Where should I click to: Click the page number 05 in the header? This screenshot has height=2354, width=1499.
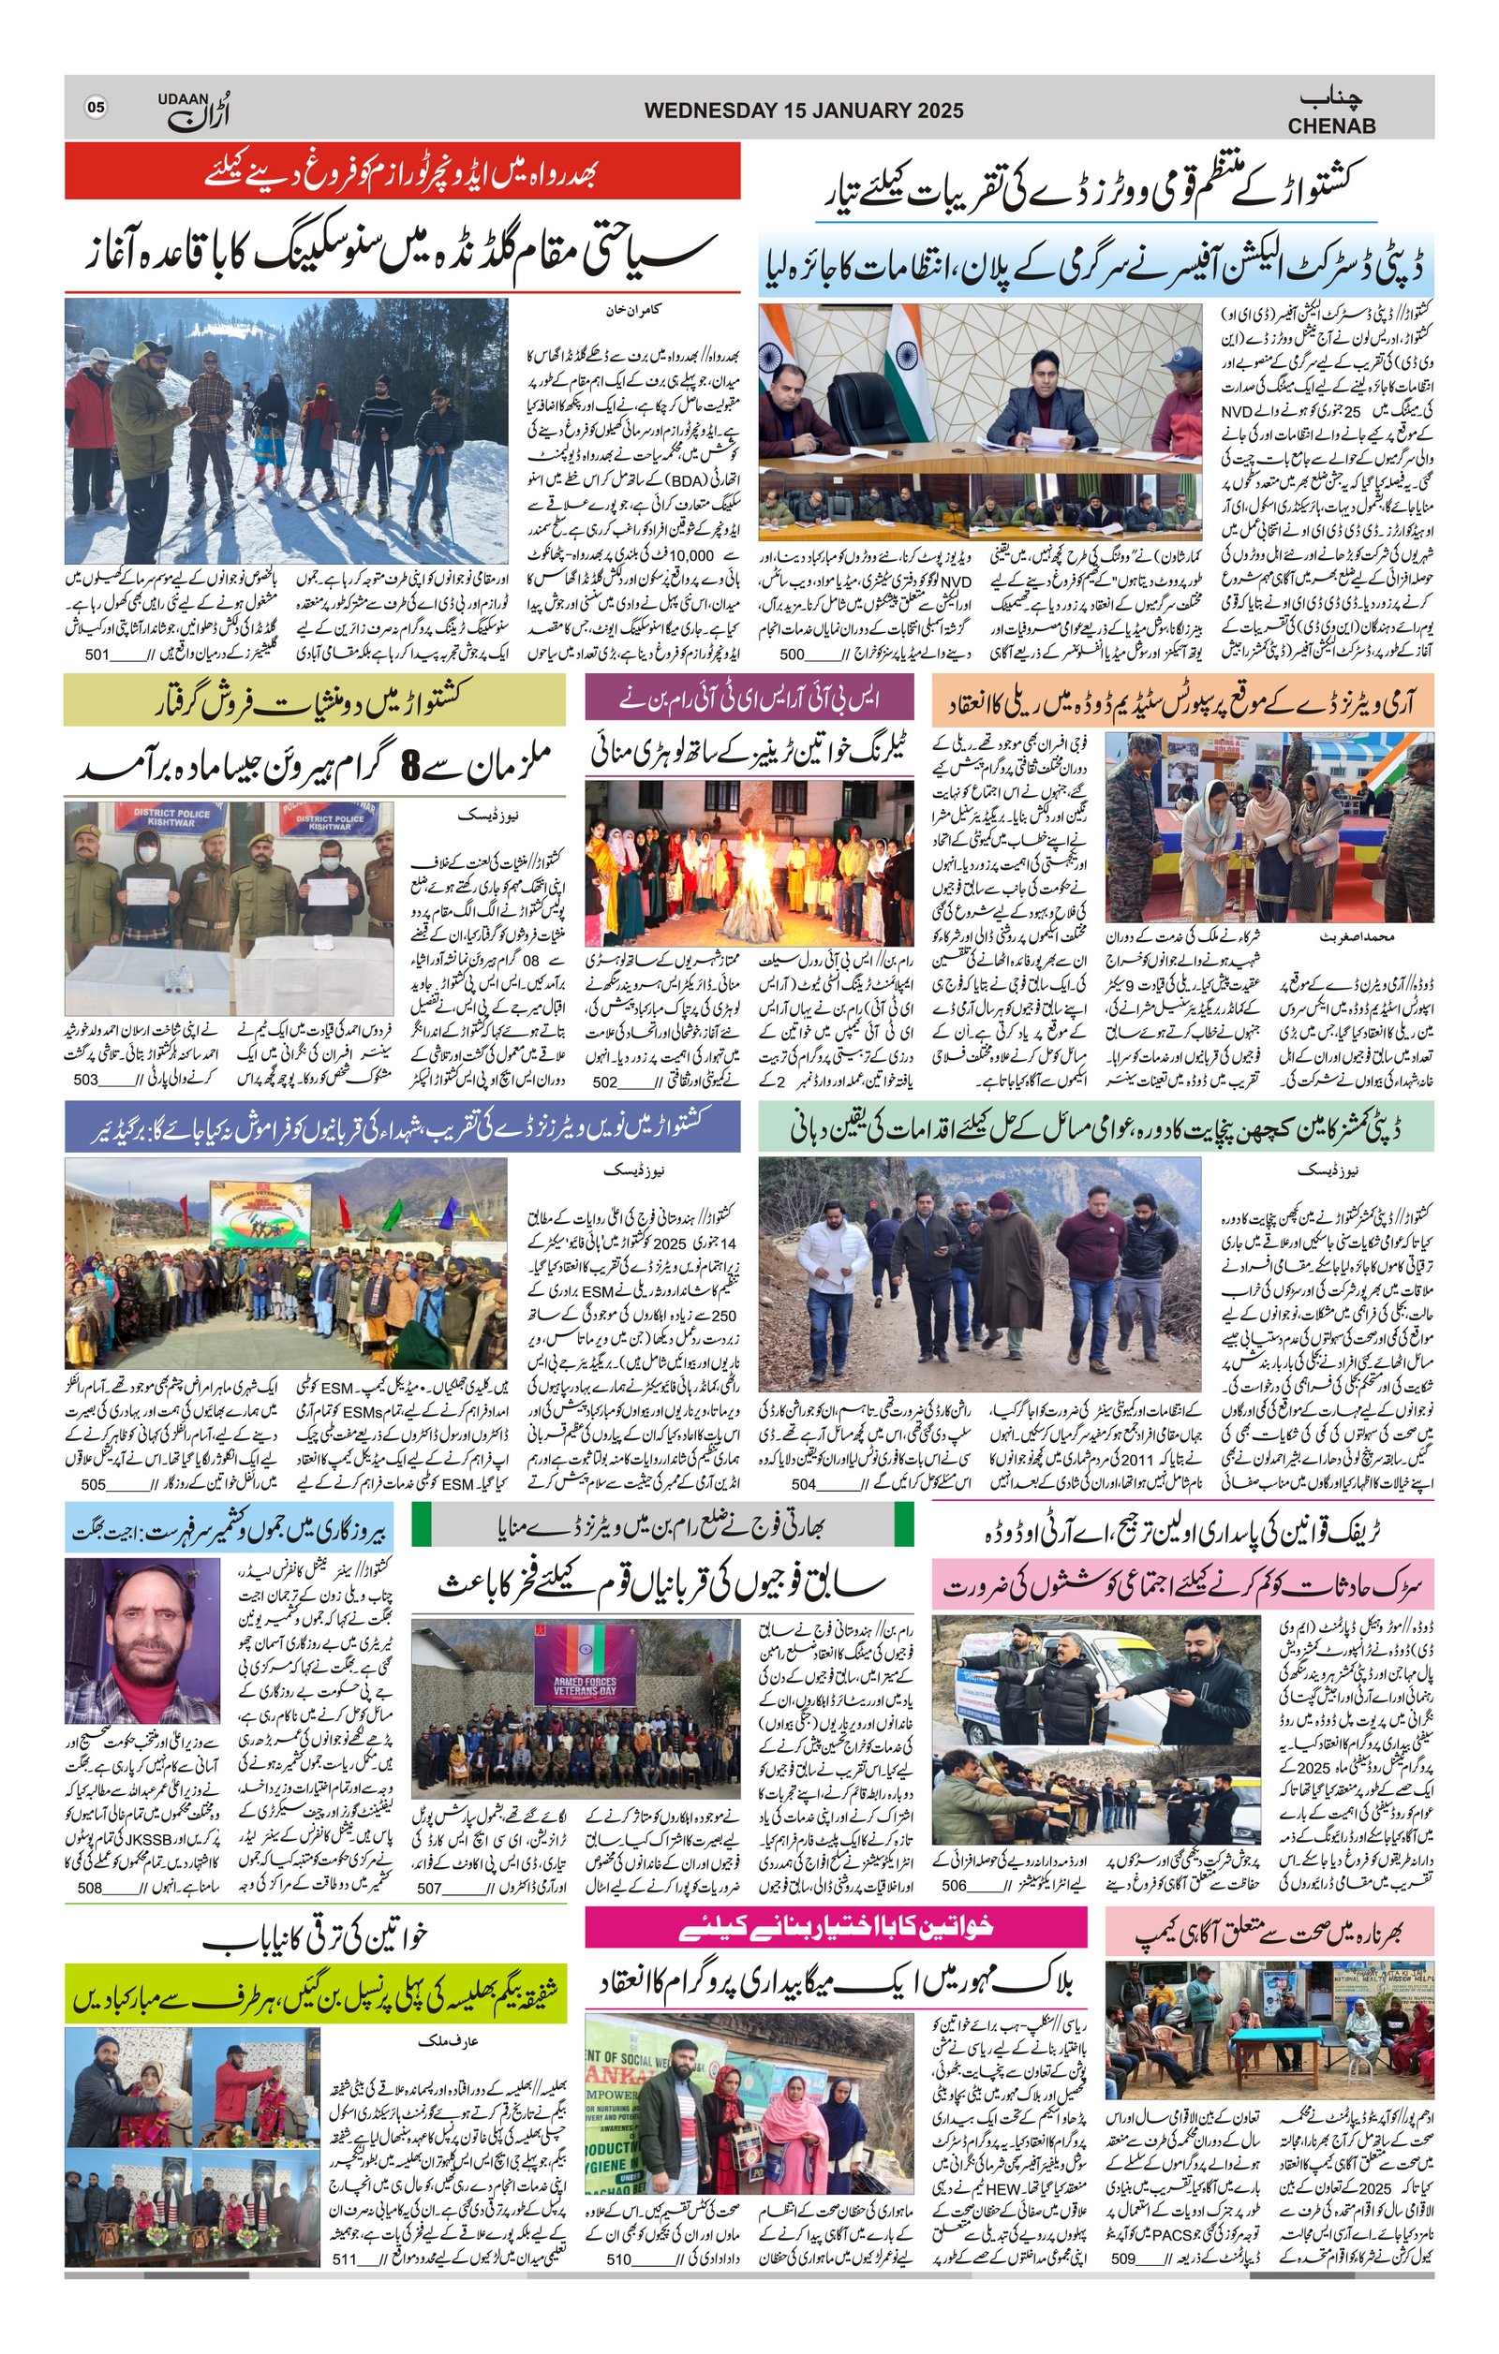click(x=96, y=108)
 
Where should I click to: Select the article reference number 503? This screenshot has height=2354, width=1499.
click(x=86, y=1081)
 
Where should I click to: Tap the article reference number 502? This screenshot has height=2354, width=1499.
click(x=605, y=1082)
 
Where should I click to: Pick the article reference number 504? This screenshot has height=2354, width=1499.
click(x=803, y=1484)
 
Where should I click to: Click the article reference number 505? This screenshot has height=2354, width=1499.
click(x=93, y=1484)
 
